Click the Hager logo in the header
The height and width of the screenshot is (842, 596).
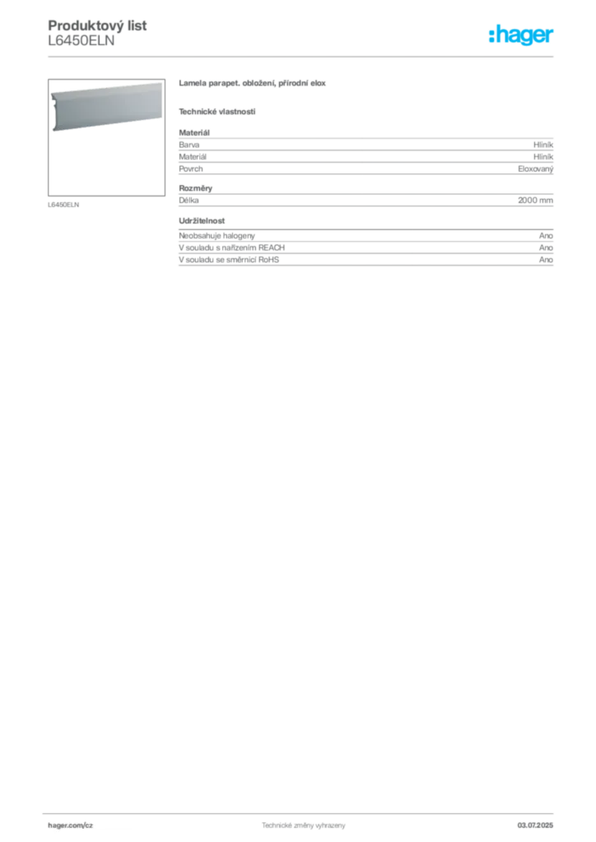[521, 35]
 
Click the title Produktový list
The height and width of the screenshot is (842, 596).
[97, 25]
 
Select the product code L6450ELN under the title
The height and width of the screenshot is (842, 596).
[81, 41]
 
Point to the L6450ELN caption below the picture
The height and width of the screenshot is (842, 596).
[63, 205]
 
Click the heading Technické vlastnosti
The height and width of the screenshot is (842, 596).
[217, 112]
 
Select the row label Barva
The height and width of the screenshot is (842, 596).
[189, 145]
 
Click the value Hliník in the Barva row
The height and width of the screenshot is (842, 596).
[543, 145]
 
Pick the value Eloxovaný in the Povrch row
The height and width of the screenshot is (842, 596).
[536, 169]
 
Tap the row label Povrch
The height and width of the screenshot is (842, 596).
[191, 169]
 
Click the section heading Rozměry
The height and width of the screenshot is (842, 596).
[196, 188]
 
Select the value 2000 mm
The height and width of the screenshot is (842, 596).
[536, 201]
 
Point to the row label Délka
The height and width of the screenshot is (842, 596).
[189, 201]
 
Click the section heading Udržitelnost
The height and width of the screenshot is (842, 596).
[202, 220]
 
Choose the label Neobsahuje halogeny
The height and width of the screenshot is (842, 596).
[217, 236]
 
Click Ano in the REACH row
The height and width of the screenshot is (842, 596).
[546, 248]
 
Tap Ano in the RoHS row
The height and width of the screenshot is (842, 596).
[546, 259]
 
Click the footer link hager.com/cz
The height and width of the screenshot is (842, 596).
[71, 826]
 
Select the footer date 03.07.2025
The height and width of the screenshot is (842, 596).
[535, 826]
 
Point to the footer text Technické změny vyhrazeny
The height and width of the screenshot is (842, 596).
[304, 826]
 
